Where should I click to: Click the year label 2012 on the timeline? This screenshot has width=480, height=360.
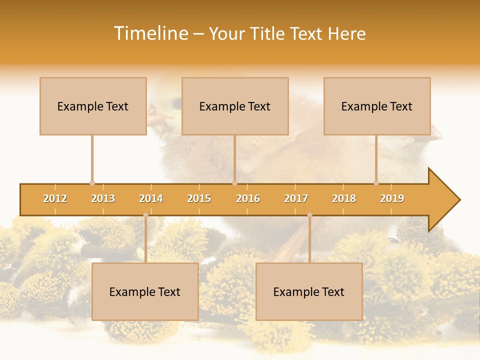(x=55, y=198)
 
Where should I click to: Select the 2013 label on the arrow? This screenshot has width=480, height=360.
(x=103, y=198)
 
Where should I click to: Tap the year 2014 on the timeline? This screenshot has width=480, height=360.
(x=151, y=198)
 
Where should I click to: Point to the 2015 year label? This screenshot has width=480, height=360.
(x=199, y=198)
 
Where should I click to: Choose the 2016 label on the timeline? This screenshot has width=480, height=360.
(x=248, y=198)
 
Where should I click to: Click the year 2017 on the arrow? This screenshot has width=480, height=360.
(x=296, y=198)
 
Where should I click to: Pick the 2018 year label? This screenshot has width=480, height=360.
(x=344, y=198)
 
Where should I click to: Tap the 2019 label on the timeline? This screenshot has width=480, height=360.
(x=392, y=198)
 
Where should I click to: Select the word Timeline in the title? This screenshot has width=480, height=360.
(x=150, y=33)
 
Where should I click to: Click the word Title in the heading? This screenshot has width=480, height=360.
(x=267, y=33)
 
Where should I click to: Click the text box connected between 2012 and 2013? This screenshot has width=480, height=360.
(x=93, y=106)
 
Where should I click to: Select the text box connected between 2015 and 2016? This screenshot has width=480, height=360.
(x=235, y=106)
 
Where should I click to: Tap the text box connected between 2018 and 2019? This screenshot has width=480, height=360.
(x=377, y=106)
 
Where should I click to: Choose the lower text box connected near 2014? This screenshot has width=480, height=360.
(x=145, y=291)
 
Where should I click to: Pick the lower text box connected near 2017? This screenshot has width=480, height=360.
(x=309, y=291)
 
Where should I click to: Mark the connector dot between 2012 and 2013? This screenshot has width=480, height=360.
(x=92, y=183)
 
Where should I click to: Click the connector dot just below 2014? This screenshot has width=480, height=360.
(x=145, y=215)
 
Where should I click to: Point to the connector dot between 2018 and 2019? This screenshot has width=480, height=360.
(x=376, y=183)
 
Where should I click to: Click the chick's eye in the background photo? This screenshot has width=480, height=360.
(x=176, y=103)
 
